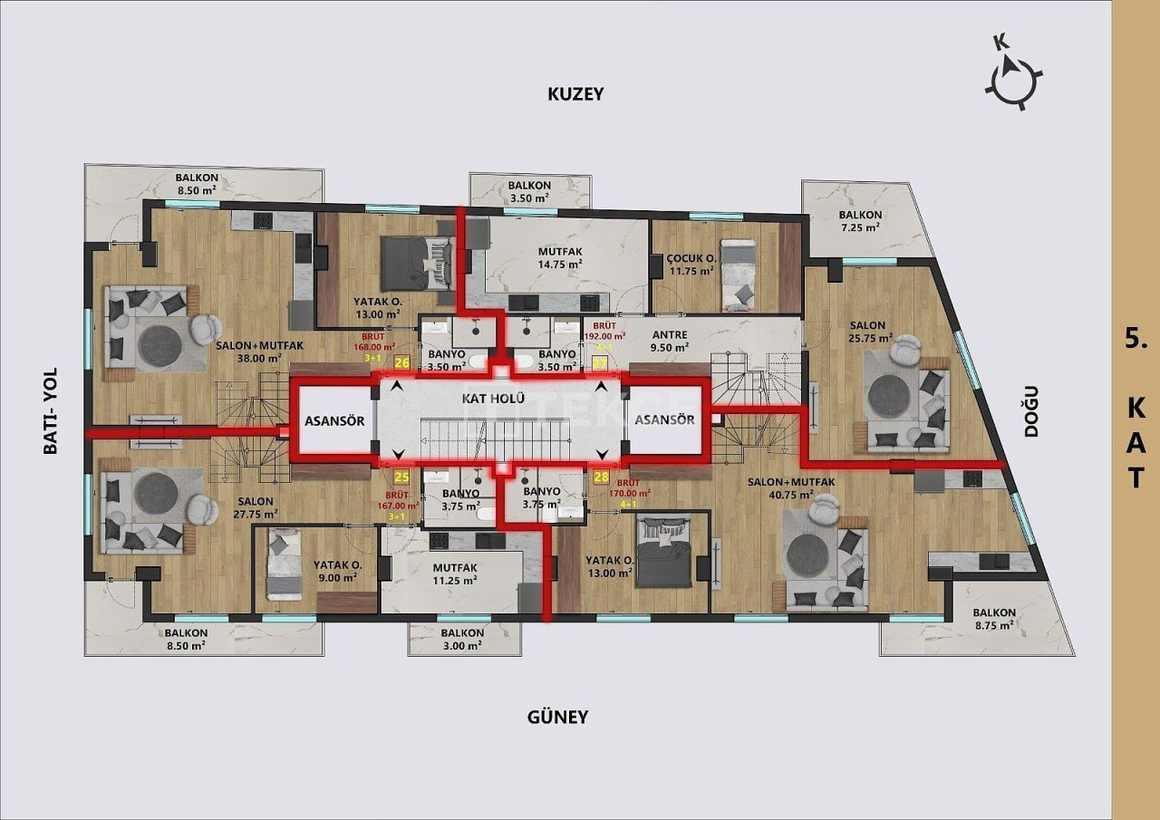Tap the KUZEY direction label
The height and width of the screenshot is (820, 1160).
click(575, 93)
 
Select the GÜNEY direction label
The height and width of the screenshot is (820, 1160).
click(557, 717)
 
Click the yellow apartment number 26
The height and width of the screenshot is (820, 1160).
click(401, 363)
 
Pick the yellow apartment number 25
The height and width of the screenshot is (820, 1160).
click(401, 477)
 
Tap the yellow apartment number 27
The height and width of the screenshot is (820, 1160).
click(599, 363)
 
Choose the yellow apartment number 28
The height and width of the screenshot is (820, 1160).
click(601, 477)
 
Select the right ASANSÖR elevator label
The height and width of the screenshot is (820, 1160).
click(664, 420)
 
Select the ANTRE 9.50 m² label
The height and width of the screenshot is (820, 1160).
click(670, 340)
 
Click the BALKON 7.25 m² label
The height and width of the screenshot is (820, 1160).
click(860, 221)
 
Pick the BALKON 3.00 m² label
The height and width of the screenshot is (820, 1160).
click(463, 640)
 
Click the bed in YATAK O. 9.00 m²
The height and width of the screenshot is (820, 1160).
click(284, 565)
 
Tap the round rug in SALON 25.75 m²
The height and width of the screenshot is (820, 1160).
click(891, 395)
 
